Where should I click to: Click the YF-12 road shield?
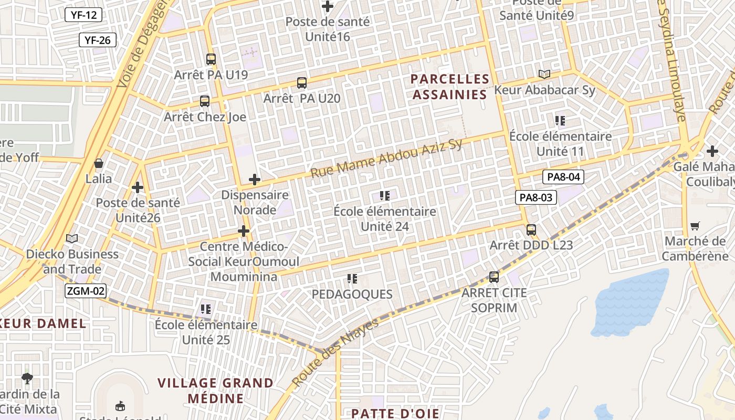pos(83,15)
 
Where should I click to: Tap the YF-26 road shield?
pos(97,40)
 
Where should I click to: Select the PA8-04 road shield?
pos(563,177)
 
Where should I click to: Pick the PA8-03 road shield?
pos(535,197)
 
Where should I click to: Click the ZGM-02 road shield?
pos(86,291)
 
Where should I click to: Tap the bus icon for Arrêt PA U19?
pos(211,59)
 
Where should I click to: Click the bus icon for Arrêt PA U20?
pos(302,82)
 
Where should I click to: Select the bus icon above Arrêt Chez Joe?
pos(205,101)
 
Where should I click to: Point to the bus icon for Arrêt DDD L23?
pos(531,230)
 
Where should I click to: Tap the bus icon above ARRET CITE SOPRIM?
pos(494,277)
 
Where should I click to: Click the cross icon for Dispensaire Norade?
pos(255,180)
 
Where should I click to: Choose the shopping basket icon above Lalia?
pos(99,163)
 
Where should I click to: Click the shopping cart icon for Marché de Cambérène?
pos(695,226)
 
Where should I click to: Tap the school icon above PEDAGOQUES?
pos(352,279)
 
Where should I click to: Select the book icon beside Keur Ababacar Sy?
pos(544,75)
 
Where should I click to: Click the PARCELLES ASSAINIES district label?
pos(449,87)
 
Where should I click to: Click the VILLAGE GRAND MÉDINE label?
pos(216,390)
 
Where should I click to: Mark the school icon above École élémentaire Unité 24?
pos(385,196)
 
